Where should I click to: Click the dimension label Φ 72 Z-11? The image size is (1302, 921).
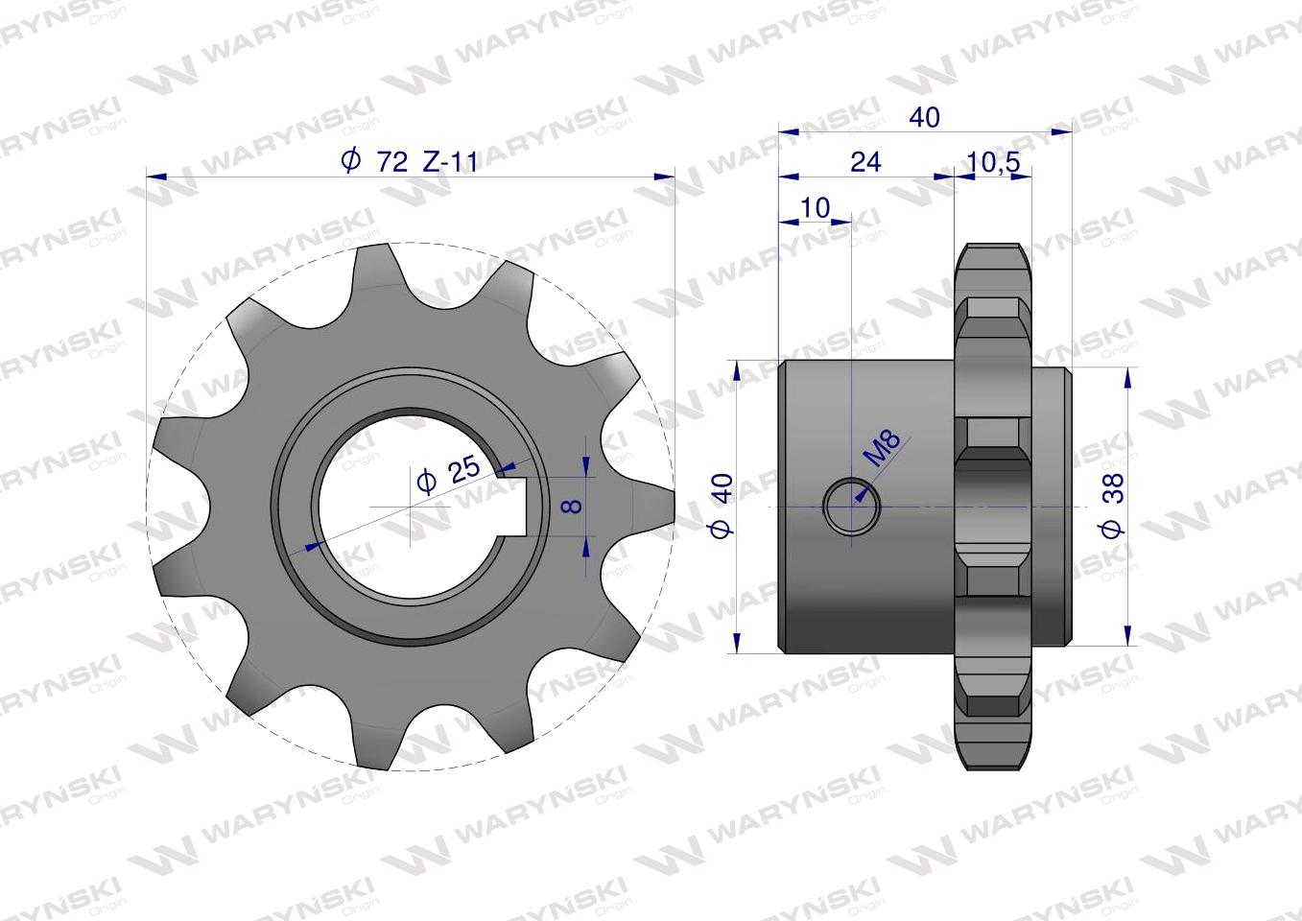[x=410, y=161]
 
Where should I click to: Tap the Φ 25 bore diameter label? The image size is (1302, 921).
[x=449, y=473]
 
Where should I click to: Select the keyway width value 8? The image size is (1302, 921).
[x=572, y=504]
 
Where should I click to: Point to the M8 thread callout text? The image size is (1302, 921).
[x=882, y=448]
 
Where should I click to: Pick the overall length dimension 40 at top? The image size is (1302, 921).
[x=924, y=117]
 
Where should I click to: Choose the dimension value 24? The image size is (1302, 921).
[x=864, y=161]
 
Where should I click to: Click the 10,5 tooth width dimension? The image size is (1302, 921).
[x=993, y=162]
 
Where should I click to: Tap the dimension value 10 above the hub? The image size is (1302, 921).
[x=814, y=207]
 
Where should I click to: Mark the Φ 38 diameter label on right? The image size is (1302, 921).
[x=1112, y=505]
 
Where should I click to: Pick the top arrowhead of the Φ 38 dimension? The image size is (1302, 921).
[x=1127, y=376]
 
